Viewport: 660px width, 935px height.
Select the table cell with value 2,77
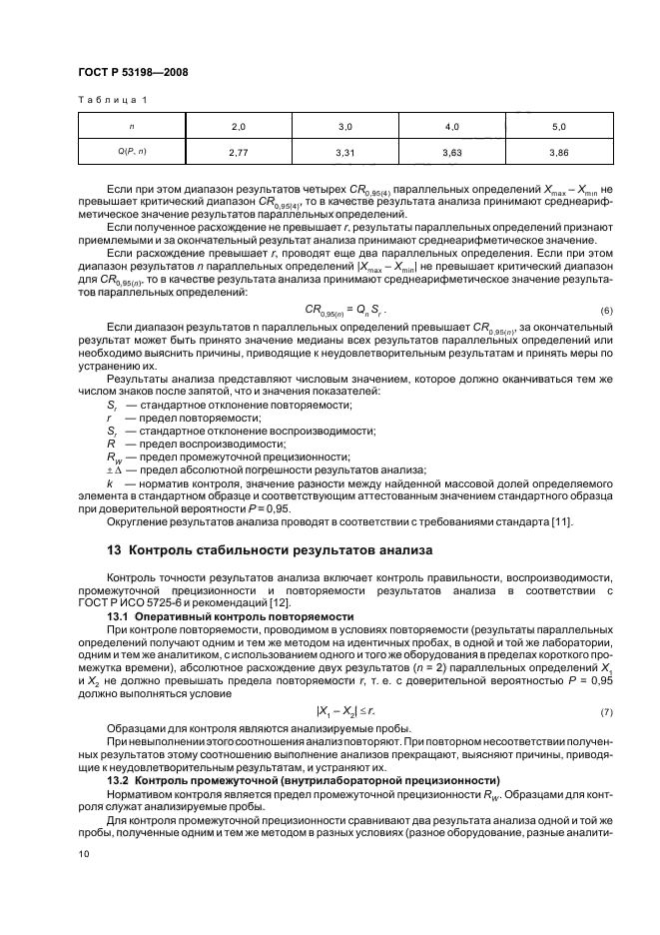point(238,152)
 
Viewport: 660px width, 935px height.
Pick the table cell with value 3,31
point(345,152)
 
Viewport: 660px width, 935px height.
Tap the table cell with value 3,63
point(452,152)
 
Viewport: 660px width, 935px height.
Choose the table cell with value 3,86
point(558,152)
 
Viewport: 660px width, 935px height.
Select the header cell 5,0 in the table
point(558,128)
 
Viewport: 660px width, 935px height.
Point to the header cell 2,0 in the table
point(238,128)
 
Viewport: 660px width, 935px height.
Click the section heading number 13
point(113,549)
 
